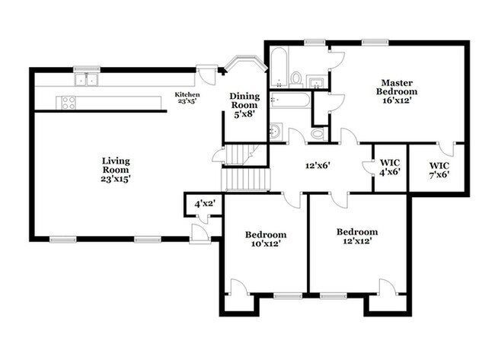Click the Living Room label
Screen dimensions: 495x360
click(116, 170)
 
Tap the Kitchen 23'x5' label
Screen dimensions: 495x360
click(187, 97)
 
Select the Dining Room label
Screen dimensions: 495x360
click(244, 105)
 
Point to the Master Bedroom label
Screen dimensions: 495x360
click(397, 91)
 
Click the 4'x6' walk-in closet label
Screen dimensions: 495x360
click(390, 167)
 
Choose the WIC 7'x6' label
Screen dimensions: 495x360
click(439, 170)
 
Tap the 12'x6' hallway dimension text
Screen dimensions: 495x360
click(318, 165)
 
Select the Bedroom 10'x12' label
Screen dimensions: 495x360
click(266, 239)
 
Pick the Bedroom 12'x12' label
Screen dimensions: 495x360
click(357, 236)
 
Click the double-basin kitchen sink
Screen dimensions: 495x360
click(86, 79)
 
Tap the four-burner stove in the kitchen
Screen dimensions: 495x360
click(69, 103)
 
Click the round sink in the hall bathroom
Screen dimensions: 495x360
click(276, 131)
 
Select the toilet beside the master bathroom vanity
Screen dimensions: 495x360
click(296, 79)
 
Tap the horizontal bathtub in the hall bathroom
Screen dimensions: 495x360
click(290, 100)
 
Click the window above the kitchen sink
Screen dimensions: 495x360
click(87, 69)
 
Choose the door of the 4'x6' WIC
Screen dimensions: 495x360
click(367, 167)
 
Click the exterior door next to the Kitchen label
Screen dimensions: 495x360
click(207, 75)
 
